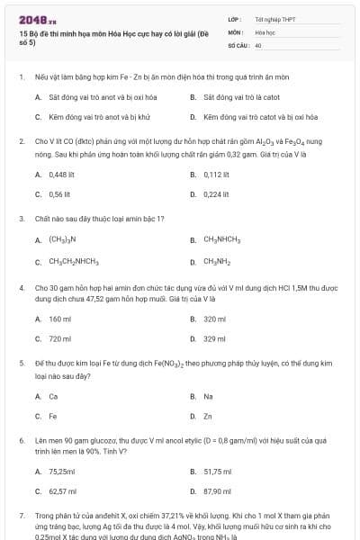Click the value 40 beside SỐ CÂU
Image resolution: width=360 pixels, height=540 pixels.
[258, 44]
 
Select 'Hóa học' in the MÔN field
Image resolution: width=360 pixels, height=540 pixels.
[265, 31]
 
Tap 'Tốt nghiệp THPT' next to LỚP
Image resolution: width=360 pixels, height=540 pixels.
[274, 19]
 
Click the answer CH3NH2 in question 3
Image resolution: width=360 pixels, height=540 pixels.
[217, 262]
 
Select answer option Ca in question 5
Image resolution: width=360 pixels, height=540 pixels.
[53, 396]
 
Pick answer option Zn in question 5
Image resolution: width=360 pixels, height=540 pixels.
[208, 416]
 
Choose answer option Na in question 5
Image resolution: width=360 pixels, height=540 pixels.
[208, 396]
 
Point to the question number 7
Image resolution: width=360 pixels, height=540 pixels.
[21, 516]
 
